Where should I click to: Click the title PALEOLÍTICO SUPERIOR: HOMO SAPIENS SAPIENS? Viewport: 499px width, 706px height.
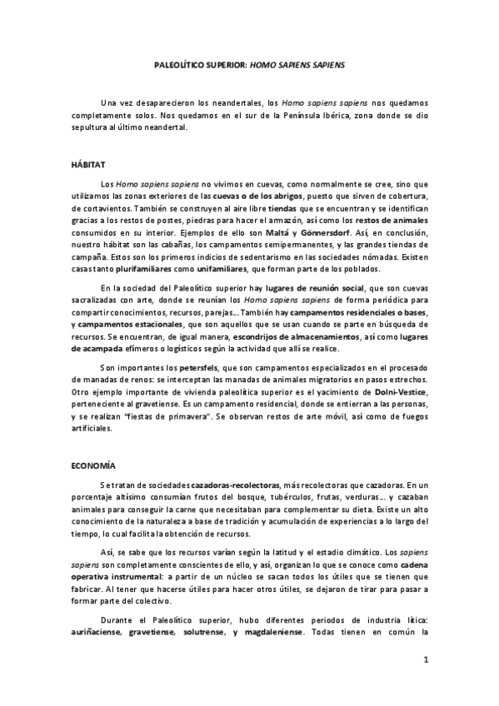249,63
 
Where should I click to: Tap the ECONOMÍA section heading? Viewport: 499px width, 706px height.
92,466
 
